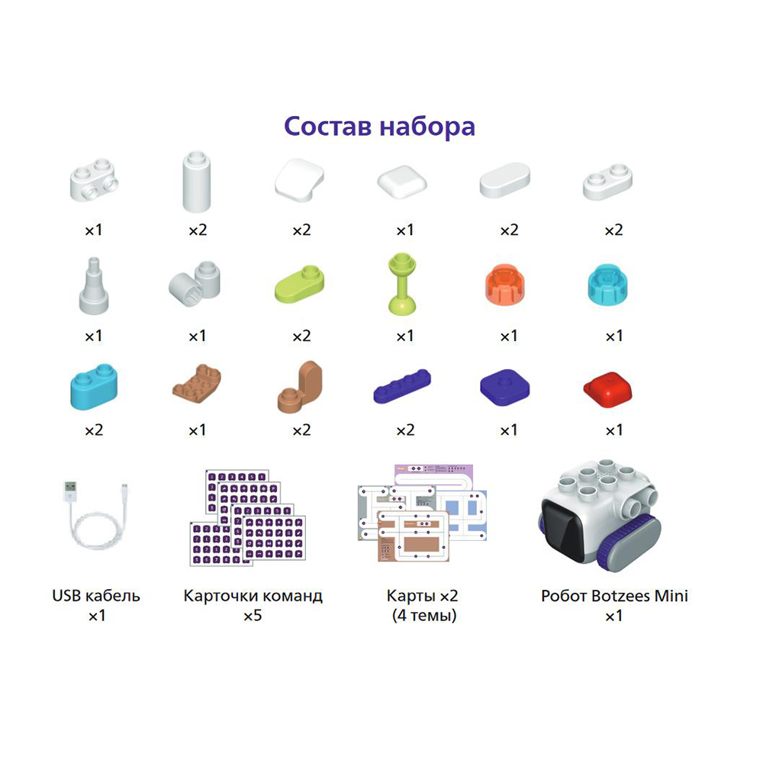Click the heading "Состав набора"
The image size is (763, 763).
click(379, 126)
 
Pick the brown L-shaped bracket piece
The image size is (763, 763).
click(300, 388)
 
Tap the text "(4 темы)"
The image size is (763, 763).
click(423, 615)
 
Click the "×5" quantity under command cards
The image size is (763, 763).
click(253, 615)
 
